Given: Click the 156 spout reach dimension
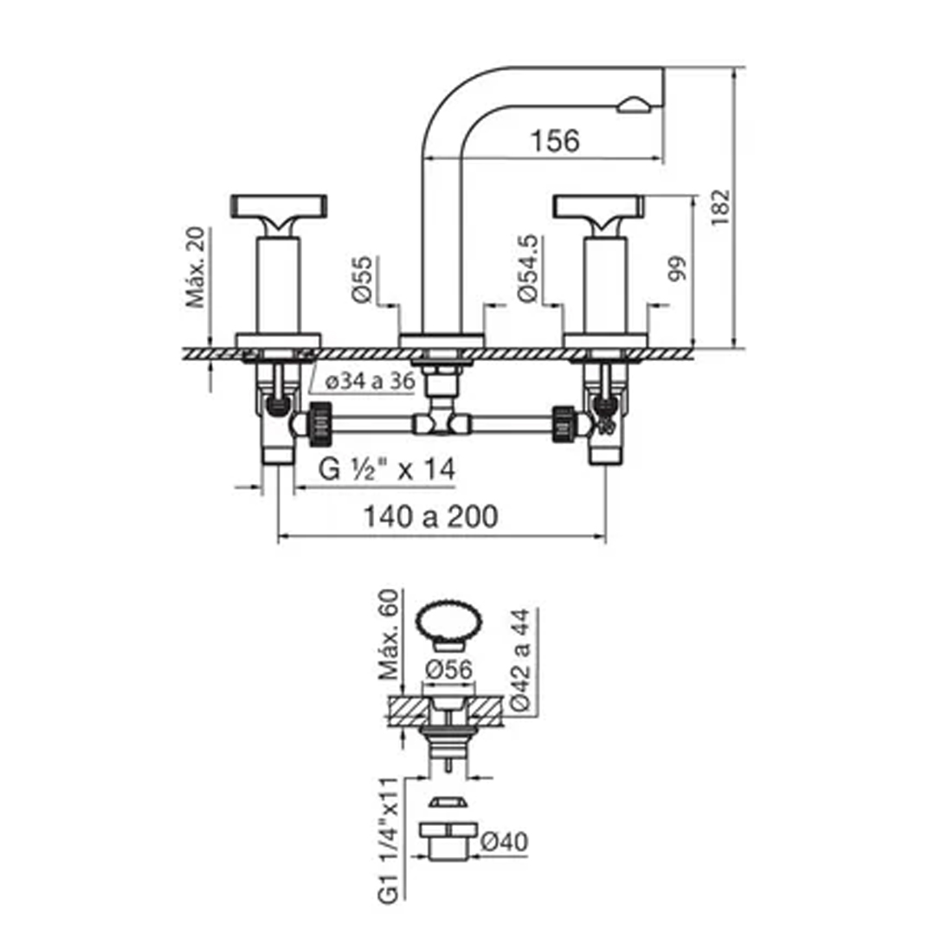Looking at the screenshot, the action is [555, 141].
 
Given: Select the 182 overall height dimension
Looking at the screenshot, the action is [720, 207].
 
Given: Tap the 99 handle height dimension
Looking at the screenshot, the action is [677, 268].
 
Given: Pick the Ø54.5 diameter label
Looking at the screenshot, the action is [528, 268].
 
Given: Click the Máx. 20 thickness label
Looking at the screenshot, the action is [195, 268].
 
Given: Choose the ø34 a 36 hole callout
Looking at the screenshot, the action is [371, 381].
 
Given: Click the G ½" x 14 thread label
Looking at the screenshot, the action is [386, 468].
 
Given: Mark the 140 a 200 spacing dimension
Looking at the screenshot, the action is [430, 516].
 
